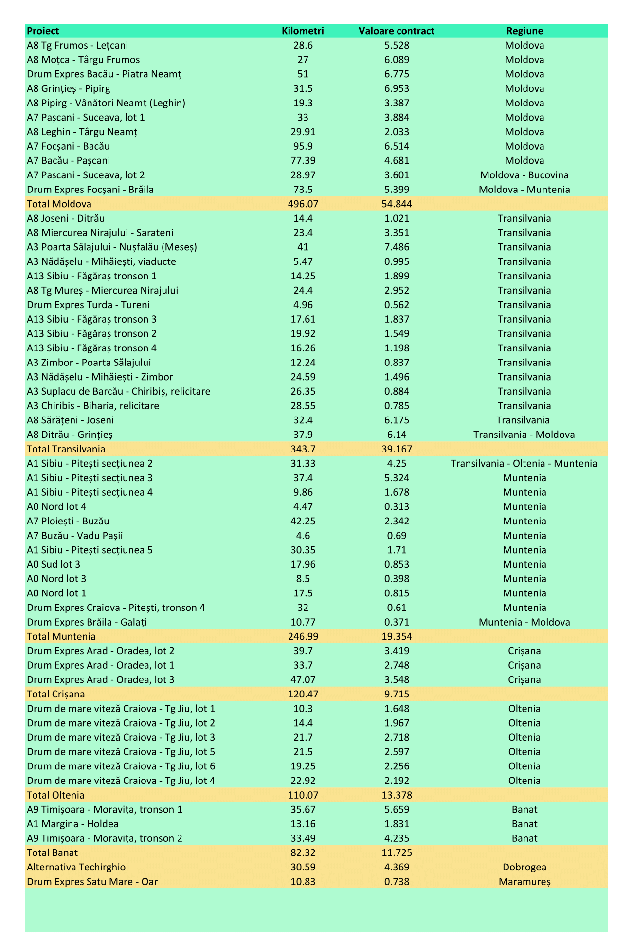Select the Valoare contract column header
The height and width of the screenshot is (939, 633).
[x=396, y=31]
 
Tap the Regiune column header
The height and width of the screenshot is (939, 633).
[x=524, y=31]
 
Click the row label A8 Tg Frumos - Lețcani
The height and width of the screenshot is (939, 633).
[x=77, y=46]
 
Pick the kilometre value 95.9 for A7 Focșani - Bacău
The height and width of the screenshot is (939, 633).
[x=303, y=146]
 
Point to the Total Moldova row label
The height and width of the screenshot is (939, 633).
[x=59, y=204]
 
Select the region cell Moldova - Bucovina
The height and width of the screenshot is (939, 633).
[x=524, y=175]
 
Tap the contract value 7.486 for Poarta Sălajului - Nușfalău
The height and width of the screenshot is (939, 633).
[x=396, y=247]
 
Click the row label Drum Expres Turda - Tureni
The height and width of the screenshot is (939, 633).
[x=88, y=305]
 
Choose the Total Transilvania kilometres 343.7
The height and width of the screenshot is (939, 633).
[x=303, y=449]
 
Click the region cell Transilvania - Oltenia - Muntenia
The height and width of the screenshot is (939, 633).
[x=524, y=464]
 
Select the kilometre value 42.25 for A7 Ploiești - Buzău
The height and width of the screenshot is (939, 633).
[x=303, y=521]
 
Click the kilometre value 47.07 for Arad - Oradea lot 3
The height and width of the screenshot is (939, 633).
[x=303, y=679]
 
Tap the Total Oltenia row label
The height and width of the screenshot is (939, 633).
[x=55, y=795]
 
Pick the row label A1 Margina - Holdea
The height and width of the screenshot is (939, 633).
[x=72, y=824]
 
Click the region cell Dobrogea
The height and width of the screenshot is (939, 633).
[x=524, y=867]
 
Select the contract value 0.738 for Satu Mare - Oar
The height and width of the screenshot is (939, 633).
[x=396, y=882]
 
